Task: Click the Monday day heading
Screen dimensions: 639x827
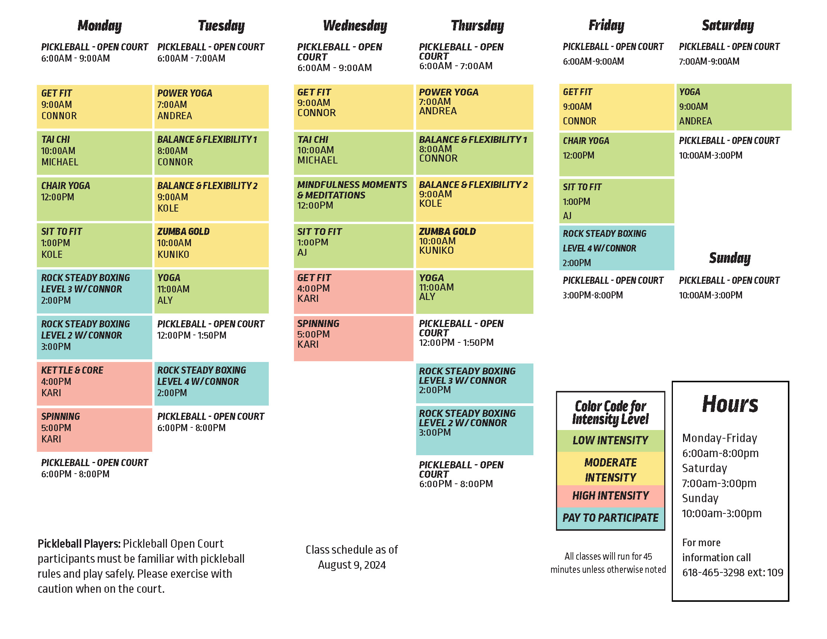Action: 100,26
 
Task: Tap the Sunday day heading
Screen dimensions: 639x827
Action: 729,258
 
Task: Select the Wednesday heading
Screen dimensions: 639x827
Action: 355,26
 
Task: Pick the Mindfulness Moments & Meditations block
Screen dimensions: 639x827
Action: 353,199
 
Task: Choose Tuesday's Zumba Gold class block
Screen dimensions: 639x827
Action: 211,245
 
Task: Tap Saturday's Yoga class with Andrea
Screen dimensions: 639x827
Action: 733,107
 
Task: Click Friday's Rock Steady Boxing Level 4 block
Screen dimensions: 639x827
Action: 616,248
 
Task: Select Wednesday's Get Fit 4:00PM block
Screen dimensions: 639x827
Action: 353,291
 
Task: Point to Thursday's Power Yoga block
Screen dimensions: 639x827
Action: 474,107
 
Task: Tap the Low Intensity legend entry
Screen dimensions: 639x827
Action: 610,441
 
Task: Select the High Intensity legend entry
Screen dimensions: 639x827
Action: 610,496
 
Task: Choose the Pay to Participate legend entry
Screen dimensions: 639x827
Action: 610,518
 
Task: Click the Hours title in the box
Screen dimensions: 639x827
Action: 730,404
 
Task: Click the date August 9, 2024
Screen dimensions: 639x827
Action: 352,565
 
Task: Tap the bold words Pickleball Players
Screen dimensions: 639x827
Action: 79,544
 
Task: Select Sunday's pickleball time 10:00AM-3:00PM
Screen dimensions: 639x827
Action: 710,295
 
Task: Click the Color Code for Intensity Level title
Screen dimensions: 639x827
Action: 610,413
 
